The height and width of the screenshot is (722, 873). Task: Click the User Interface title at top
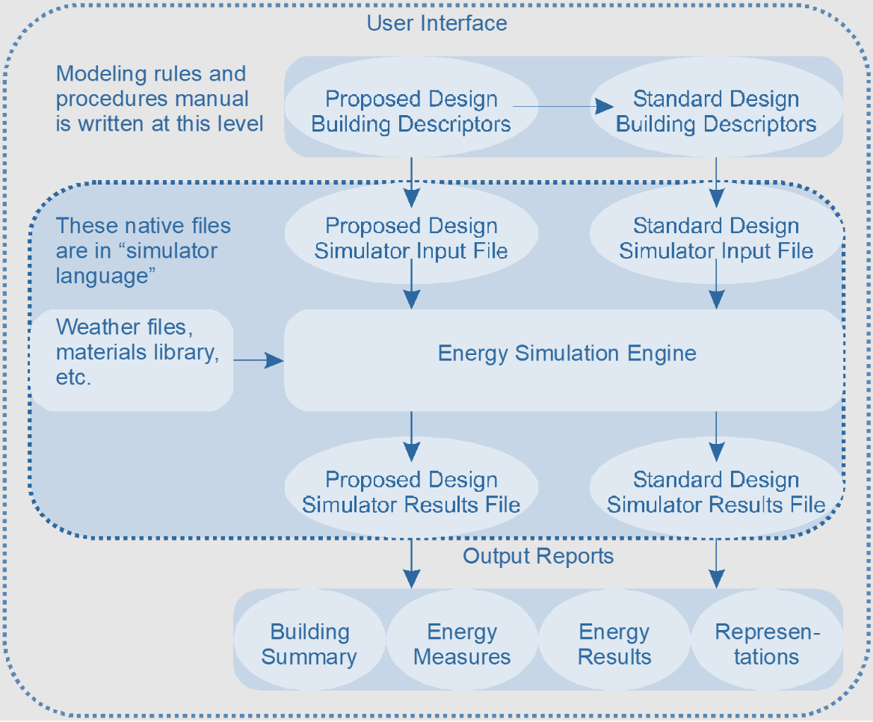tap(436, 22)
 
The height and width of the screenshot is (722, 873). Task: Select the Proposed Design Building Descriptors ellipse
tap(411, 111)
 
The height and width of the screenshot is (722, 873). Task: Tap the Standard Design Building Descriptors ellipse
tap(716, 111)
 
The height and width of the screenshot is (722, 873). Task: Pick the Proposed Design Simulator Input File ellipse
tap(411, 238)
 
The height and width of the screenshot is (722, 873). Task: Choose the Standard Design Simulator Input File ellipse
tap(716, 238)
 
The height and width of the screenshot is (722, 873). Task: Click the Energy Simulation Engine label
tap(567, 353)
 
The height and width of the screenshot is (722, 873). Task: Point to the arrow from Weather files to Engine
tap(259, 361)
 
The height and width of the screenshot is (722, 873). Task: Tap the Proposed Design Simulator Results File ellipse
tap(411, 492)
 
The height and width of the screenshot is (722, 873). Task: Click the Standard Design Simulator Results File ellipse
tap(716, 492)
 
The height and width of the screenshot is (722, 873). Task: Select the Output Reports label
tap(538, 556)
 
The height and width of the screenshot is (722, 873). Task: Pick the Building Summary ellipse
tap(309, 644)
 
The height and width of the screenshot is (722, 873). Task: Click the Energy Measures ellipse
tap(462, 644)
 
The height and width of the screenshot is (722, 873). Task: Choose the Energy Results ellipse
tap(614, 644)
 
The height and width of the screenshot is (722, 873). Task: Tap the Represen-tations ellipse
tap(767, 644)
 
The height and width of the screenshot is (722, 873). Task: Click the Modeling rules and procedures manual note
tap(159, 98)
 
